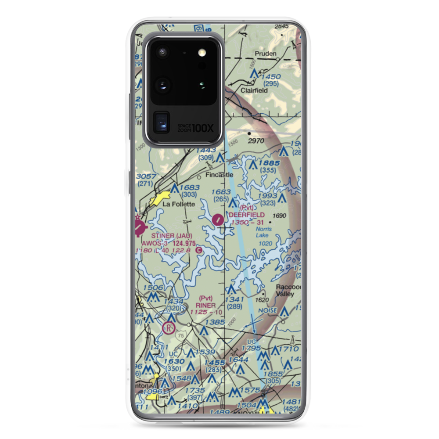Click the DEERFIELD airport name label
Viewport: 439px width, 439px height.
click(x=247, y=215)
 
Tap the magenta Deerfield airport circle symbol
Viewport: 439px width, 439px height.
click(x=218, y=219)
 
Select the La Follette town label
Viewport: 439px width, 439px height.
click(x=178, y=204)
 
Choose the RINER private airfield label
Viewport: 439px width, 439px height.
click(x=205, y=305)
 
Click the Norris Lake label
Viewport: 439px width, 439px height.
click(x=264, y=232)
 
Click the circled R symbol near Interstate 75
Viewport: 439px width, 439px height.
click(x=168, y=327)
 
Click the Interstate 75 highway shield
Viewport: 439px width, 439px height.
click(x=180, y=335)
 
